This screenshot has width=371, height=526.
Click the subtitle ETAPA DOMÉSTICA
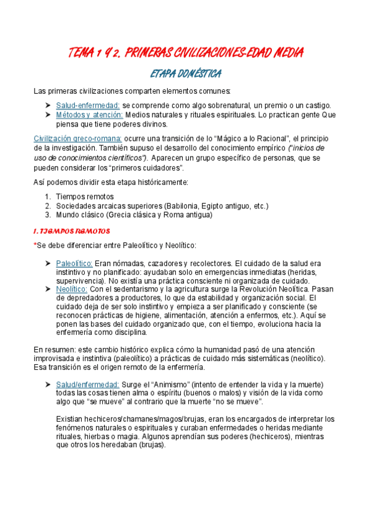tap(186, 74)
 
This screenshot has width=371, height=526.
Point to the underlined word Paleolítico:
tap(74, 263)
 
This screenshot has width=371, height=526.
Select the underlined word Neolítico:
tap(71, 289)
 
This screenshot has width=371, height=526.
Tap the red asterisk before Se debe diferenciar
tap(35, 245)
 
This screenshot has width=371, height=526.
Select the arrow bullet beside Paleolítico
tap(48, 263)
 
